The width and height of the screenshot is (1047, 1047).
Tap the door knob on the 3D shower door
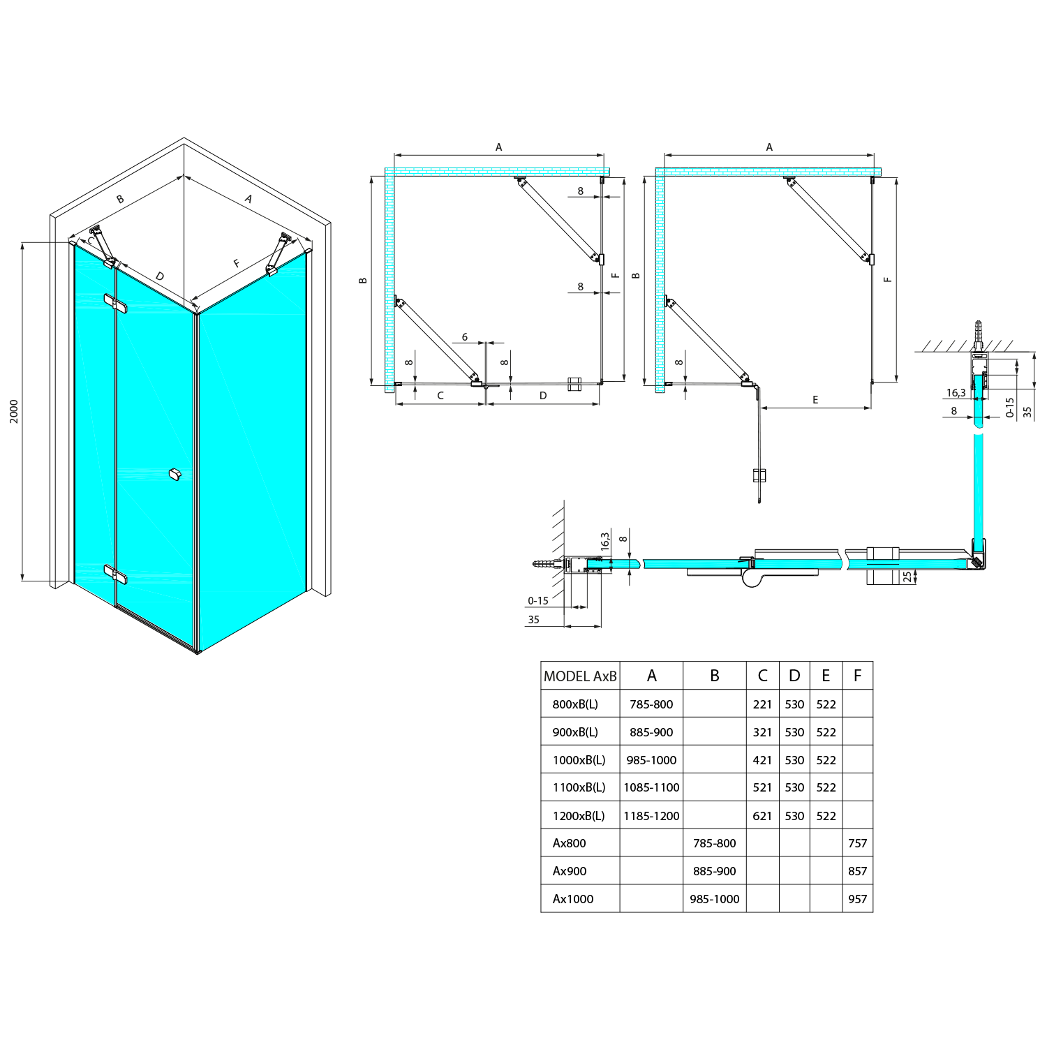(174, 475)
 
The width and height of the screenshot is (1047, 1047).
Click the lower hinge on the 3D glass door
(116, 574)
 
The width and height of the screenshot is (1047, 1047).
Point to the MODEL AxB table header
(580, 676)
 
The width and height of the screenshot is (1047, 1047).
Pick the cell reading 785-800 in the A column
(651, 704)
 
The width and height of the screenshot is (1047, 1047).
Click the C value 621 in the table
(762, 815)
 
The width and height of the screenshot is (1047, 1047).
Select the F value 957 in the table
(857, 899)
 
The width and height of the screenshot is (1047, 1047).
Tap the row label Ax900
(570, 871)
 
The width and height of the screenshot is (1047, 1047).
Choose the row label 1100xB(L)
(579, 787)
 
